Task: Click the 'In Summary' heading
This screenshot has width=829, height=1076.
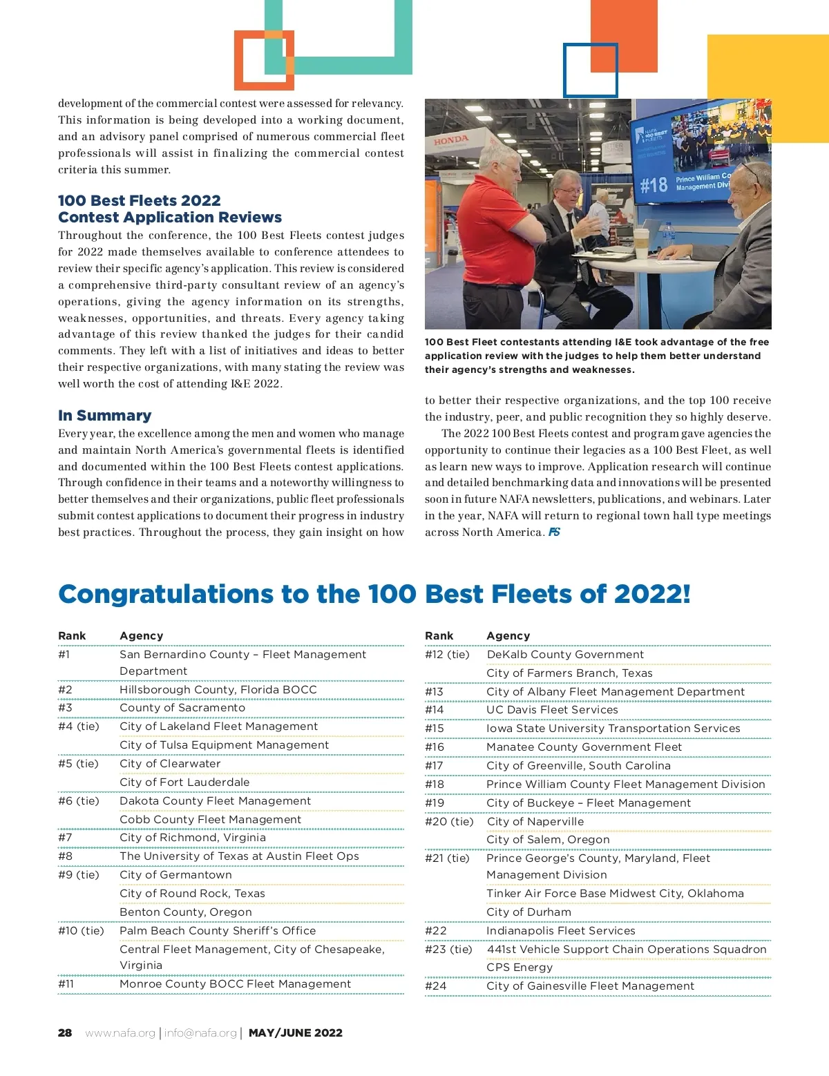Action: pyautogui.click(x=104, y=416)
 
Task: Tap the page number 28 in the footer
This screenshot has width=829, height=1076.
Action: pyautogui.click(x=65, y=1033)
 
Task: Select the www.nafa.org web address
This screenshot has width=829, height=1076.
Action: pyautogui.click(x=120, y=1033)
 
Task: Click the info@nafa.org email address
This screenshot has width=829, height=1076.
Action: pyautogui.click(x=200, y=1033)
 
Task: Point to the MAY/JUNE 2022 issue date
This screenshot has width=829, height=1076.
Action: pyautogui.click(x=296, y=1033)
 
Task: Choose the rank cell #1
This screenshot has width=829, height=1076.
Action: pyautogui.click(x=64, y=655)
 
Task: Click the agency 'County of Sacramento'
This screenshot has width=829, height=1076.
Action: pyautogui.click(x=182, y=708)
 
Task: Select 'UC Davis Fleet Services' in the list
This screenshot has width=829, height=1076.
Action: pyautogui.click(x=552, y=710)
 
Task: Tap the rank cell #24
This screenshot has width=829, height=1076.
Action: pyautogui.click(x=436, y=986)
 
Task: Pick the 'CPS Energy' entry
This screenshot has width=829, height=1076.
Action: pyautogui.click(x=520, y=968)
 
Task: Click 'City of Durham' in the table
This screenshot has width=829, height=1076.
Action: pyautogui.click(x=528, y=912)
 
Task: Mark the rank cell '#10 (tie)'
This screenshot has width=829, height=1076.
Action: pyautogui.click(x=81, y=931)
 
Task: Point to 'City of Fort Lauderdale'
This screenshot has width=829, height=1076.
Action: pyautogui.click(x=184, y=782)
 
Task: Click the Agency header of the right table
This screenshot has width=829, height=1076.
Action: pyautogui.click(x=508, y=636)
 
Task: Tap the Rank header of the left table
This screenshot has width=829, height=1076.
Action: pyautogui.click(x=72, y=636)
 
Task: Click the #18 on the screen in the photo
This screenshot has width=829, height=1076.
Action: pyautogui.click(x=654, y=185)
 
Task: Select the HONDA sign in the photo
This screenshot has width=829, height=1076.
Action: pyautogui.click(x=451, y=140)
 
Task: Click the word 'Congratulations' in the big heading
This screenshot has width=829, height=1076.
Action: pyautogui.click(x=165, y=595)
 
